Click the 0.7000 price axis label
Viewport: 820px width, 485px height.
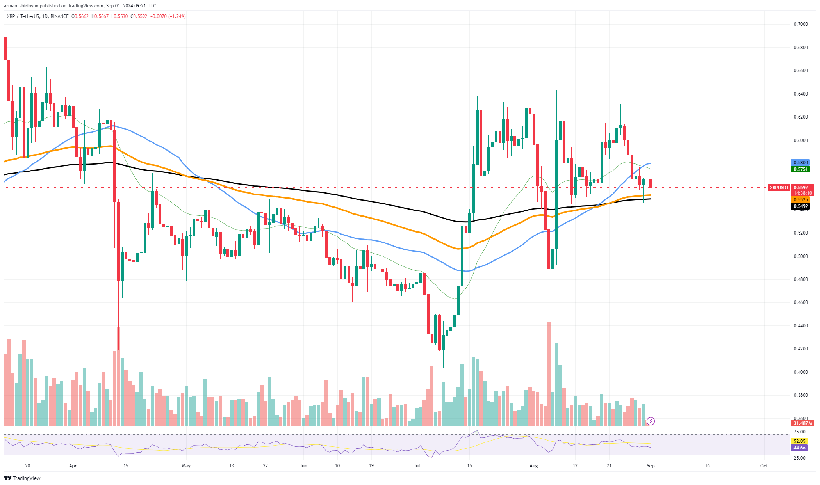point(800,24)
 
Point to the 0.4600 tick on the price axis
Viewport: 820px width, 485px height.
point(800,302)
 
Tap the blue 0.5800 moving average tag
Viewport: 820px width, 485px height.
point(800,163)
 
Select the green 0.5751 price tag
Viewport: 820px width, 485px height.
point(800,169)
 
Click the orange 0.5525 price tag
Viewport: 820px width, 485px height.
point(800,200)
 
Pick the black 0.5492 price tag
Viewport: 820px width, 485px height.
point(800,206)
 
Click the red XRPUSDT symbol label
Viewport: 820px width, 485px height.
point(779,188)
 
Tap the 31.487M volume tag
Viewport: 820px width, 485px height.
point(802,423)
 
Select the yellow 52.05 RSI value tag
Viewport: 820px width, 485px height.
point(799,441)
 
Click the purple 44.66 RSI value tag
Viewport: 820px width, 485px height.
point(799,448)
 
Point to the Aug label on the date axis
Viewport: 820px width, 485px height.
point(533,466)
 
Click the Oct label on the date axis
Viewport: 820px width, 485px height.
point(764,466)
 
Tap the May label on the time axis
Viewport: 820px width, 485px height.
point(186,466)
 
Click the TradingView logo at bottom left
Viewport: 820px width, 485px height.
point(22,478)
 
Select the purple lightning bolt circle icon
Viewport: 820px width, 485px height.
point(651,421)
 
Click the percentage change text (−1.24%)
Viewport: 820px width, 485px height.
point(177,16)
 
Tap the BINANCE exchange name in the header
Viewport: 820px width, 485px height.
point(59,16)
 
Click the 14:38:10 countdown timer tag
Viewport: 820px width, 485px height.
point(802,193)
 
